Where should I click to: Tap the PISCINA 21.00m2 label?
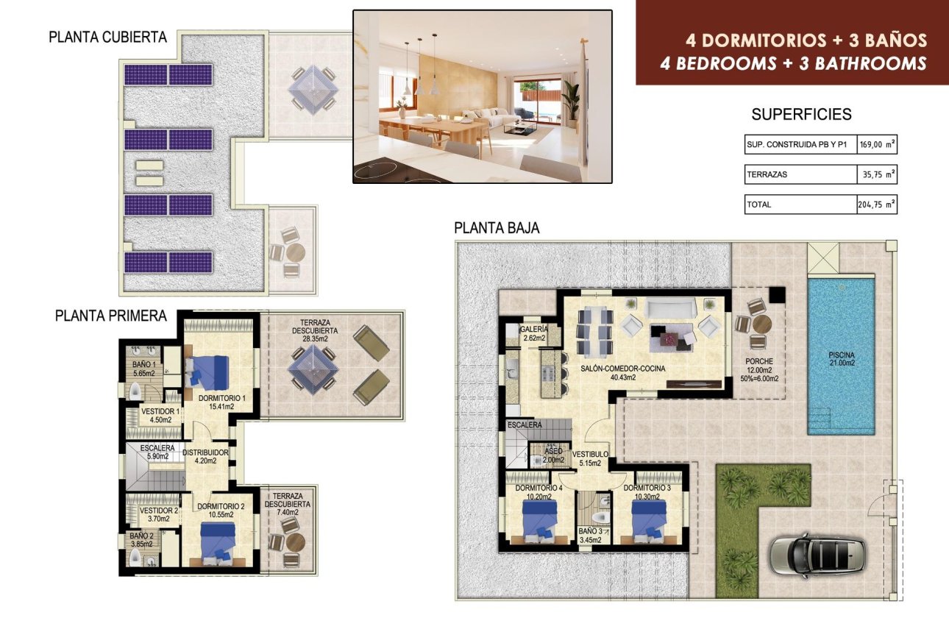[x=842, y=359]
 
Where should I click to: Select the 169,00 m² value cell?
[x=877, y=144]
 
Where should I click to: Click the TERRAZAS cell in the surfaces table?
[x=800, y=174]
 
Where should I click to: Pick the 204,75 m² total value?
[x=877, y=205]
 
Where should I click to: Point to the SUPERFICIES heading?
[x=801, y=114]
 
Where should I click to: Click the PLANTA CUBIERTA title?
[x=107, y=38]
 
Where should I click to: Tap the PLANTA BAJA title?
[x=497, y=228]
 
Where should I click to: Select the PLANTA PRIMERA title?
[x=111, y=316]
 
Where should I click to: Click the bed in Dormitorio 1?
[x=207, y=372]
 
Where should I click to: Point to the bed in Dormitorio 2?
[x=217, y=544]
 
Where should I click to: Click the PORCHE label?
[x=759, y=361]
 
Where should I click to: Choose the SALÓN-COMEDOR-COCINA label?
[x=623, y=369]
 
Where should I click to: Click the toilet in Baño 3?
[x=600, y=519]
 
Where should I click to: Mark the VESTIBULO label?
[x=590, y=454]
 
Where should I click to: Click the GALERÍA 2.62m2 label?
[x=534, y=333]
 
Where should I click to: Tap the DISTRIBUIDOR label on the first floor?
[x=205, y=452]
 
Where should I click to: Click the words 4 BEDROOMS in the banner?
[x=718, y=63]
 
